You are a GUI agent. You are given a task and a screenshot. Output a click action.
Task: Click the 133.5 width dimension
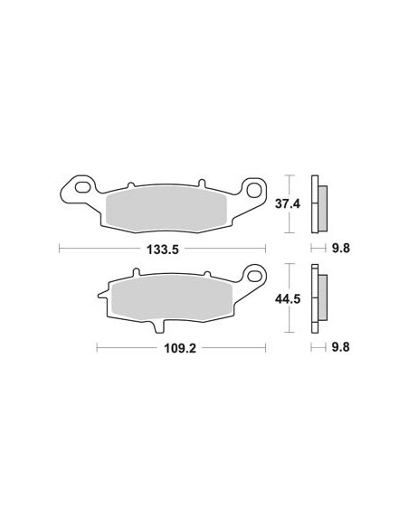click(164, 247)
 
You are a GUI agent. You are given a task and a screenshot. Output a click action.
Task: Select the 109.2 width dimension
click(182, 347)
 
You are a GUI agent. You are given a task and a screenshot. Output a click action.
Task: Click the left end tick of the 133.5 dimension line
click(60, 247)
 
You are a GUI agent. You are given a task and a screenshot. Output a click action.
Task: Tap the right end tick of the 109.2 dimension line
click(266, 347)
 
